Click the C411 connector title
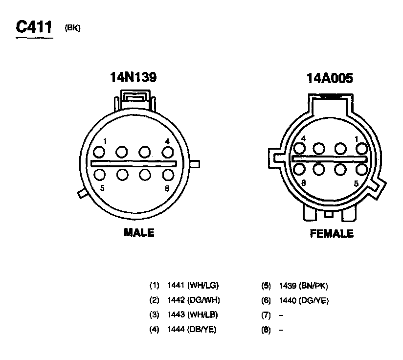click(34, 26)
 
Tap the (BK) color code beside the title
click(72, 28)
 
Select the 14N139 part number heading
click(133, 77)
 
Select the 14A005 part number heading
click(330, 78)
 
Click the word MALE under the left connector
click(139, 232)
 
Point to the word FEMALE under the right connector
click(332, 234)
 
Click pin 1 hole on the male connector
click(99, 152)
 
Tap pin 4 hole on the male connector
click(168, 153)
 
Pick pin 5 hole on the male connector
click(99, 175)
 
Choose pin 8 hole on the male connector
click(168, 175)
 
